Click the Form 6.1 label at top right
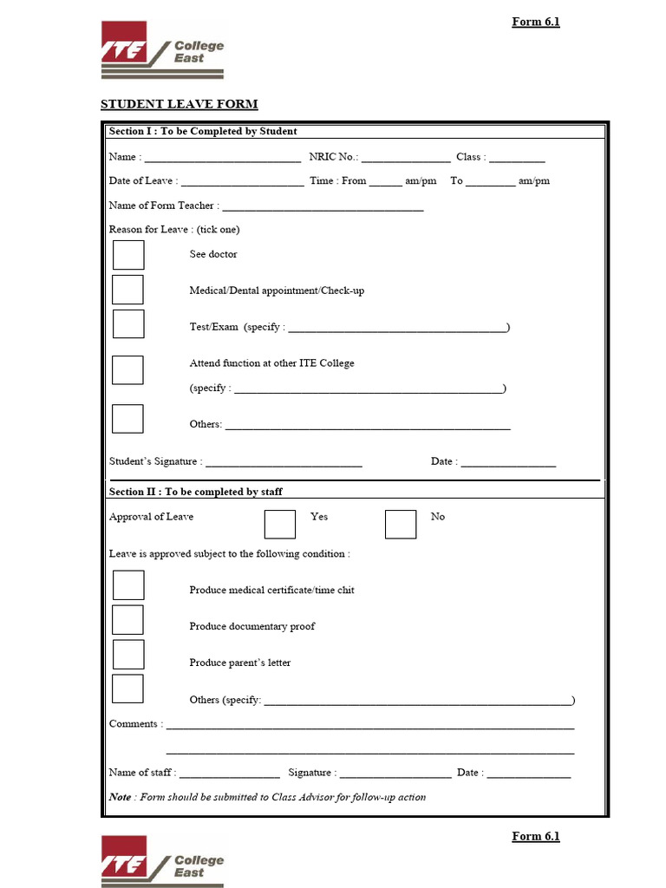(535, 22)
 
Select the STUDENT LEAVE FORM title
(180, 105)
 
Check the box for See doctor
(128, 255)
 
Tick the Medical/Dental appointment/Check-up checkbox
(128, 290)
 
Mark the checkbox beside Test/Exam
(128, 324)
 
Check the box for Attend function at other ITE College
(128, 370)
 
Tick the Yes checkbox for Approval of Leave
(279, 524)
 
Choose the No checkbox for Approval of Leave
(401, 524)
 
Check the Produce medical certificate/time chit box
(128, 585)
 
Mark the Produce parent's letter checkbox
(128, 655)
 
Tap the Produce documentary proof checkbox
(128, 620)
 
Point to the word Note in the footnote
(121, 797)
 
